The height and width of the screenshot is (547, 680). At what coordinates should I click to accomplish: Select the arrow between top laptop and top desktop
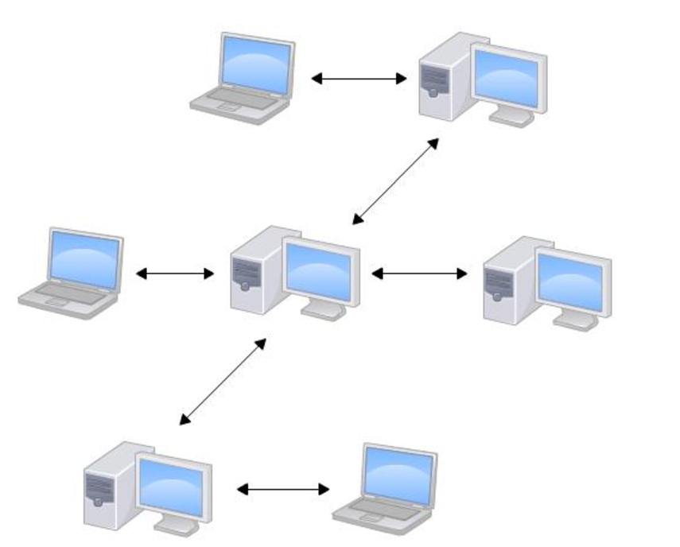(359, 78)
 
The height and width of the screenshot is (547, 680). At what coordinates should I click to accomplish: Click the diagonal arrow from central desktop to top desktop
(395, 181)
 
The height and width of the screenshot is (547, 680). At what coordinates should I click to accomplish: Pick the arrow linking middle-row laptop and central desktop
(175, 273)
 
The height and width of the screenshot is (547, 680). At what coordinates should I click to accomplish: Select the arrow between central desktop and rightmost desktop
(419, 273)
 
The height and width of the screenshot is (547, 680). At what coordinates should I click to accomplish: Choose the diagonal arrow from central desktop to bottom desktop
(223, 380)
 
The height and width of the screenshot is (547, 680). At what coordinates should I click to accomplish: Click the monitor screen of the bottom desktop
(172, 486)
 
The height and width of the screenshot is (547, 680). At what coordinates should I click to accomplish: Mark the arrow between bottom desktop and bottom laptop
(283, 489)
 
